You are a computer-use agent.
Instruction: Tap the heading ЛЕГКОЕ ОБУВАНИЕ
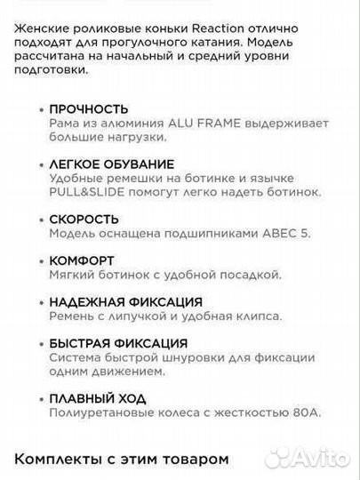[112, 164]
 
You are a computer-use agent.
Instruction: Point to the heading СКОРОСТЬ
[85, 219]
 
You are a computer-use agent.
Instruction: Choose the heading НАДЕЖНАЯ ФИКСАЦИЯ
[126, 302]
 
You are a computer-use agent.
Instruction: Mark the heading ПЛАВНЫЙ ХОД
[99, 398]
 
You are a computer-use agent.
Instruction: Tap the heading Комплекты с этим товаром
[121, 459]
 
